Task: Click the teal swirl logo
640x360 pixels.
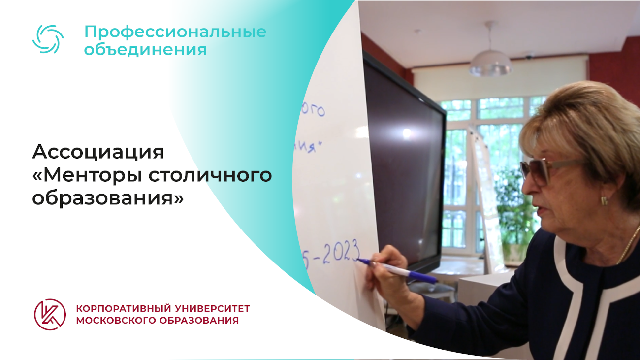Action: point(48,39)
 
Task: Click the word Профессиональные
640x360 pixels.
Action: point(175,32)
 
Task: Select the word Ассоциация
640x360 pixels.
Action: point(98,152)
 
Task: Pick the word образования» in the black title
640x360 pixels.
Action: point(108,198)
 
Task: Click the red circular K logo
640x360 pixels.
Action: point(50,314)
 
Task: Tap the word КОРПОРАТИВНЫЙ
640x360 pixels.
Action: point(123,309)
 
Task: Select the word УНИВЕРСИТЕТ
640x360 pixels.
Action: point(212,309)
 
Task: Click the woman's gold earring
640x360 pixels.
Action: point(604,200)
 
